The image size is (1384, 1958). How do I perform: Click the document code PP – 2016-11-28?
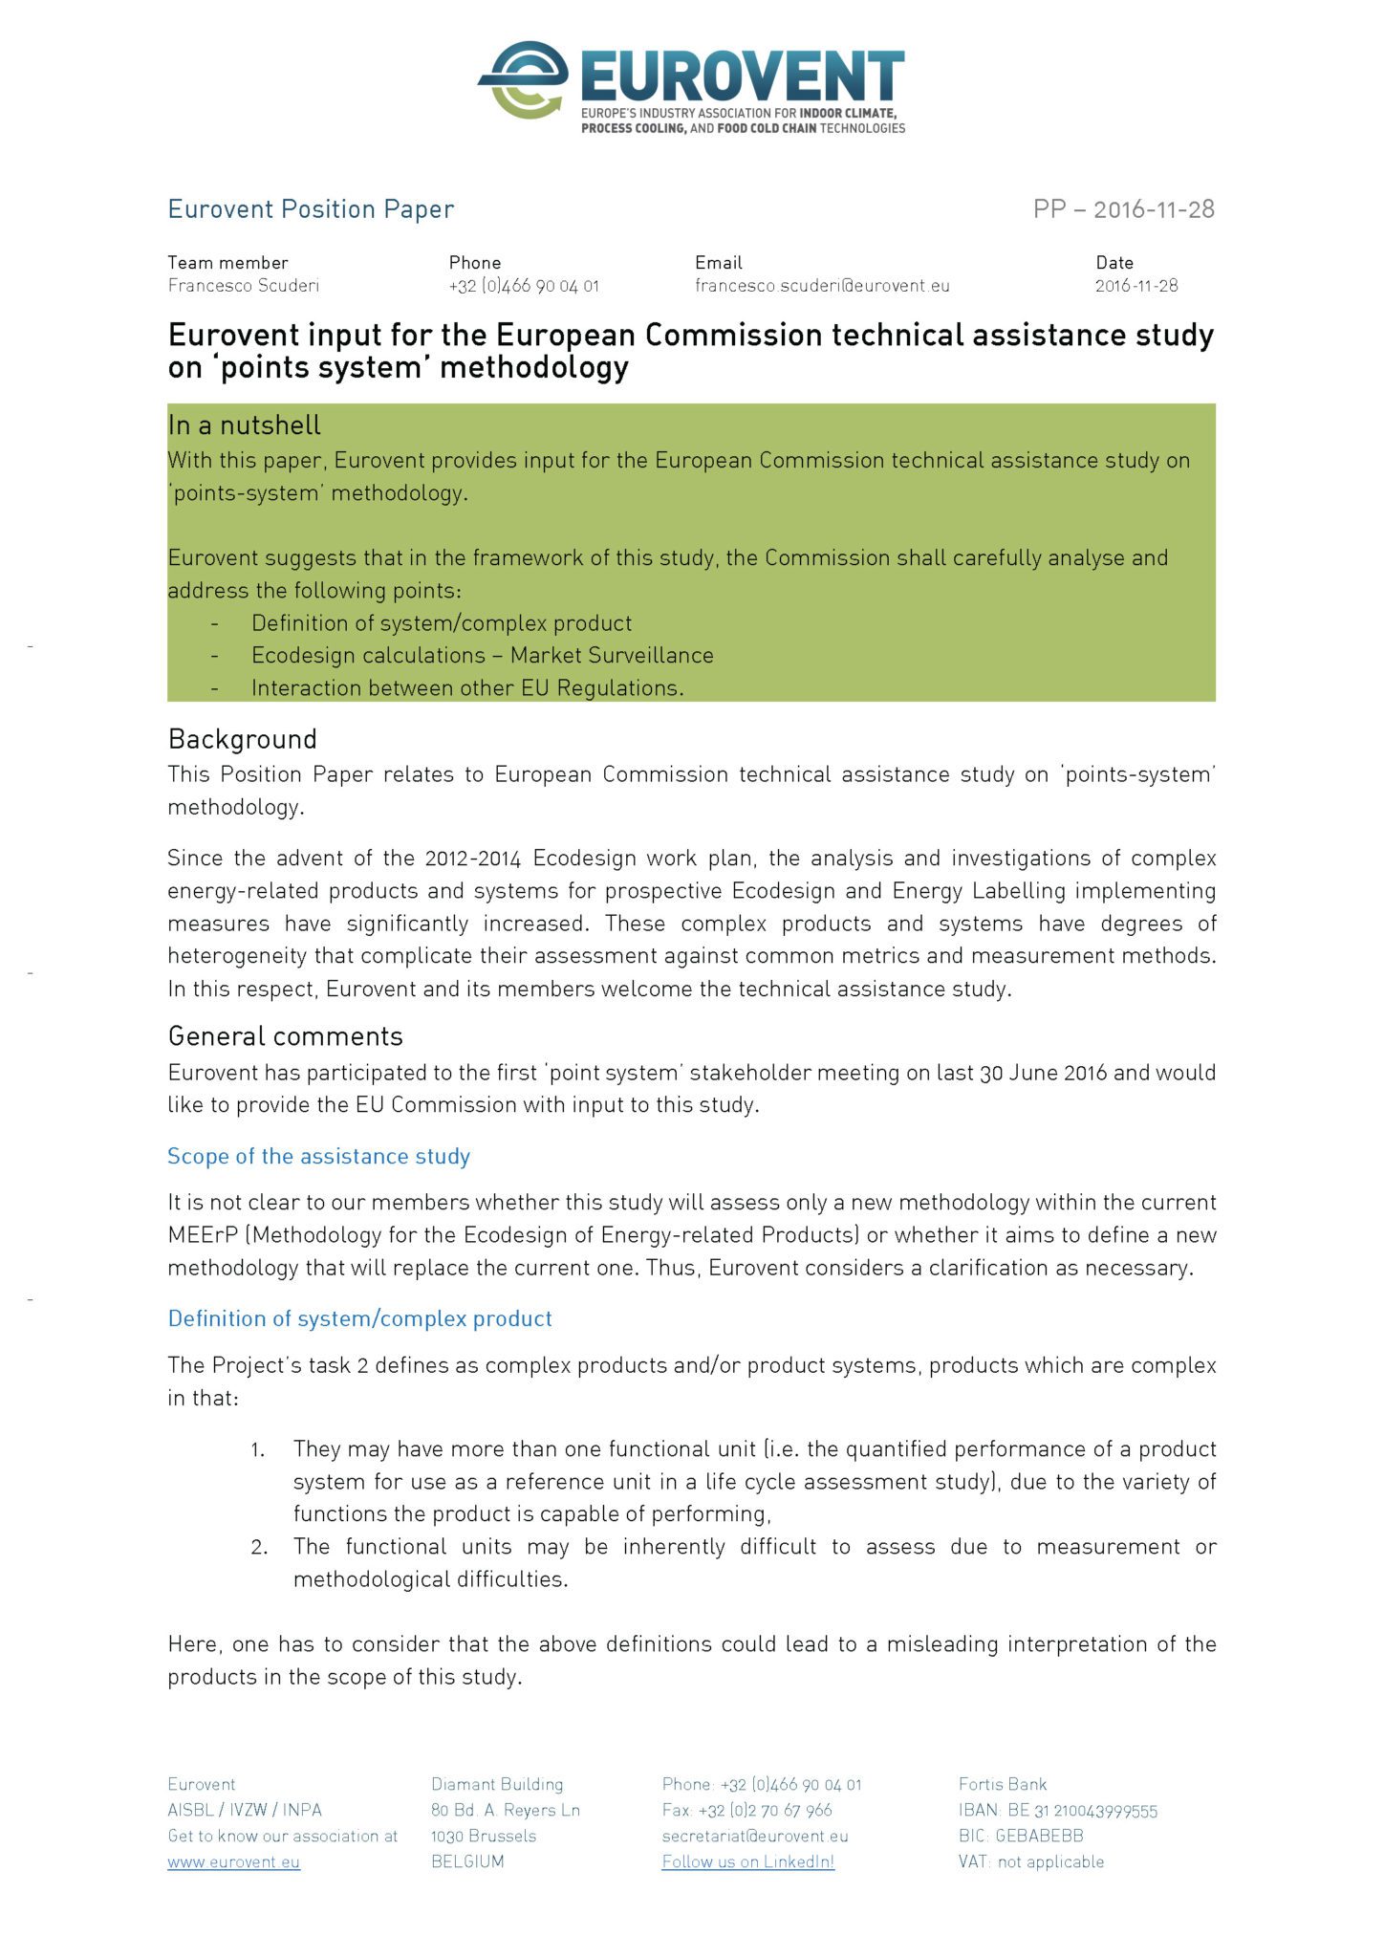(1123, 208)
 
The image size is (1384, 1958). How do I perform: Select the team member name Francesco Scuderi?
(244, 285)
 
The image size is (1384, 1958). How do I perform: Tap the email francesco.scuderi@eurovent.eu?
(822, 285)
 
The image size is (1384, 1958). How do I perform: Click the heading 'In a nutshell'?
(245, 424)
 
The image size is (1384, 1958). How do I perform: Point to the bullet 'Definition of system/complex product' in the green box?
(442, 623)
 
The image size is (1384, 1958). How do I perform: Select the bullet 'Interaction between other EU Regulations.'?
(467, 688)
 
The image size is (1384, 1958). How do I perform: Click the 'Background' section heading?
(243, 739)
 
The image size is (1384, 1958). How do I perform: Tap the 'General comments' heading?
(286, 1036)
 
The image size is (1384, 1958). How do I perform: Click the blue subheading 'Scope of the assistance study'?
(319, 1156)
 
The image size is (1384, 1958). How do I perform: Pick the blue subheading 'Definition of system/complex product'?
(360, 1318)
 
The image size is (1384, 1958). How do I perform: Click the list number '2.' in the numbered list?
(259, 1547)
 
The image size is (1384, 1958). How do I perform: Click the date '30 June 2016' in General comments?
(1043, 1073)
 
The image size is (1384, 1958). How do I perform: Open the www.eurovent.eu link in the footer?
(234, 1861)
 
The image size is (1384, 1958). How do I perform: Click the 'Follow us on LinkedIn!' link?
(748, 1861)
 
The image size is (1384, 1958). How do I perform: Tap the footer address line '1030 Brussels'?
(484, 1836)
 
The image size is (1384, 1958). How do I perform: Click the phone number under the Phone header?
(524, 285)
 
